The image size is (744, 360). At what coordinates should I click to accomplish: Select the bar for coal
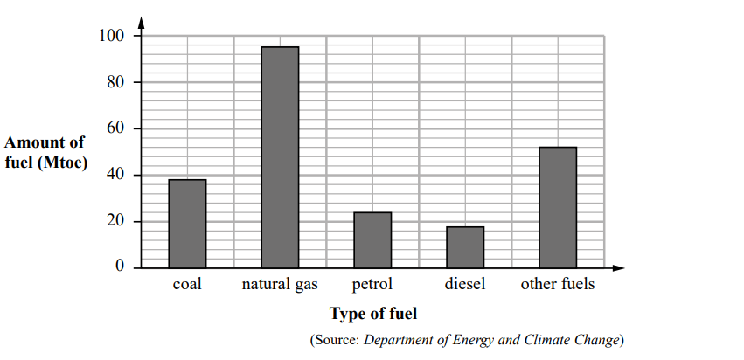click(187, 223)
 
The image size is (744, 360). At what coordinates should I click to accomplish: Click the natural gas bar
click(280, 157)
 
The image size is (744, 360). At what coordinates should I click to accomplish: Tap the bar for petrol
click(372, 239)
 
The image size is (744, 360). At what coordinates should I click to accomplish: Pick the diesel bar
click(465, 246)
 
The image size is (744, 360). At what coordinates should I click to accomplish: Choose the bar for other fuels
click(558, 207)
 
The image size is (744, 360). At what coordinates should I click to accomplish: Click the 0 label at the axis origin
click(121, 267)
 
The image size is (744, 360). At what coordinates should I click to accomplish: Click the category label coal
click(187, 285)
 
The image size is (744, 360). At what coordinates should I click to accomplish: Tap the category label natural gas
click(280, 285)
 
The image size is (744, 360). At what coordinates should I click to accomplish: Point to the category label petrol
click(372, 285)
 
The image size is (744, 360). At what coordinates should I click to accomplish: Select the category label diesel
click(465, 285)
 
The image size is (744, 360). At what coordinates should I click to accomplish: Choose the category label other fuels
click(558, 285)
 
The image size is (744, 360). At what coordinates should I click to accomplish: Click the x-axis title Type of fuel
click(373, 313)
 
